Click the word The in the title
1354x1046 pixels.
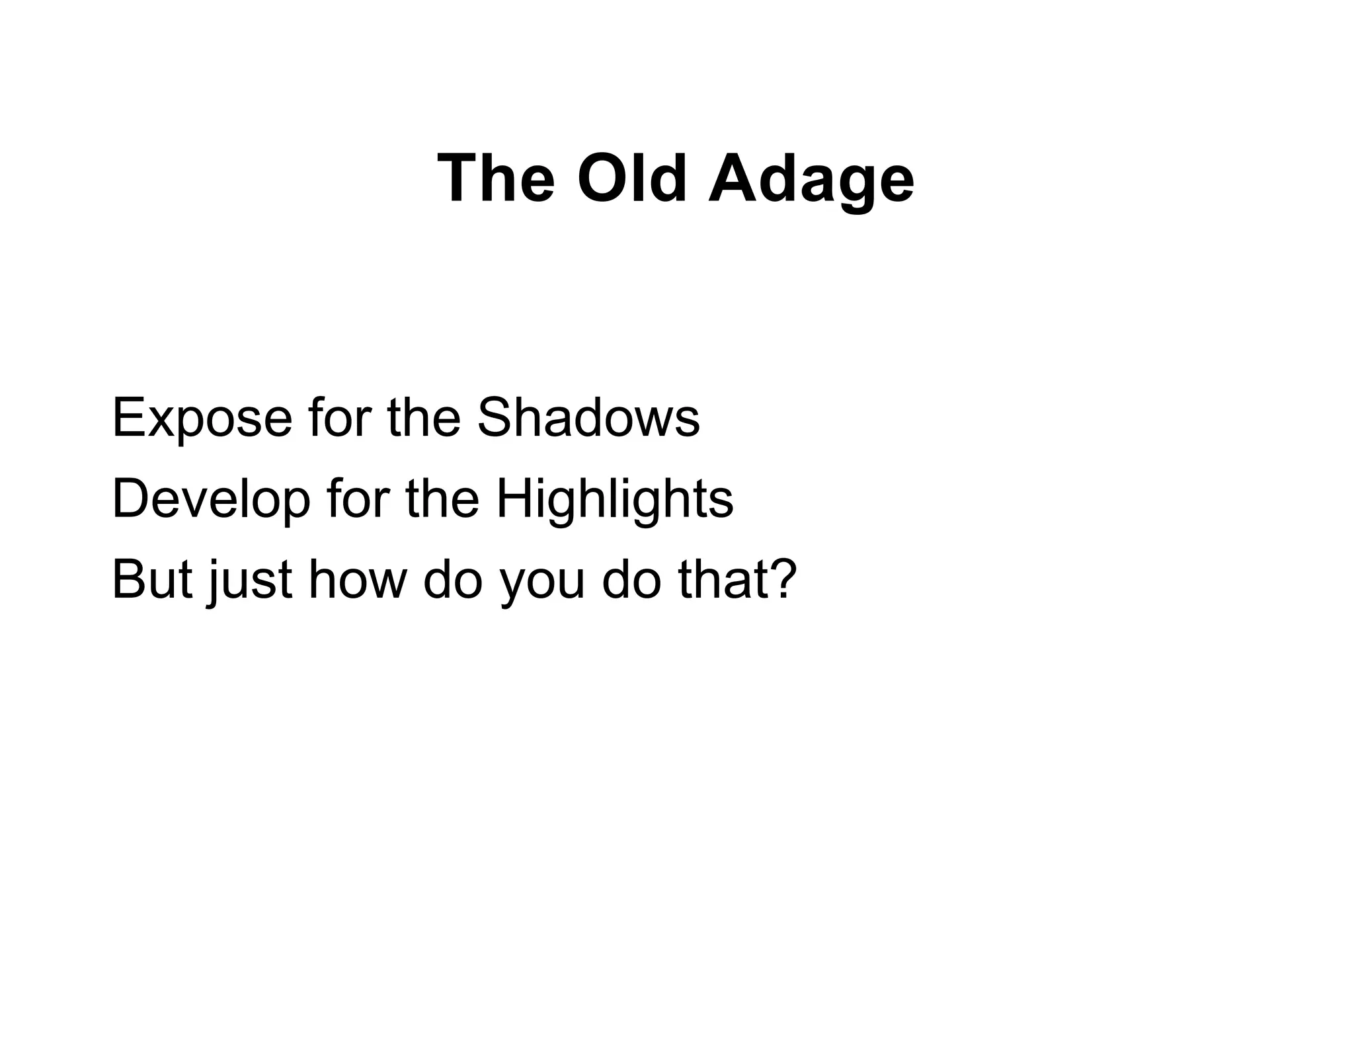(496, 179)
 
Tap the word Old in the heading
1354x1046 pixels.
(632, 179)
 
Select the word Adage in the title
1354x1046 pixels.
(811, 180)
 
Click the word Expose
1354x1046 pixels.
(202, 419)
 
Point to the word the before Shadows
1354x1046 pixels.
(424, 417)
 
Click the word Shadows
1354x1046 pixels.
(588, 417)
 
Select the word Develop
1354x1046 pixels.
(211, 500)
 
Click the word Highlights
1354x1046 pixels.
(614, 500)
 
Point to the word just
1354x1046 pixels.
(250, 581)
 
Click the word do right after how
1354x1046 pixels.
(453, 579)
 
